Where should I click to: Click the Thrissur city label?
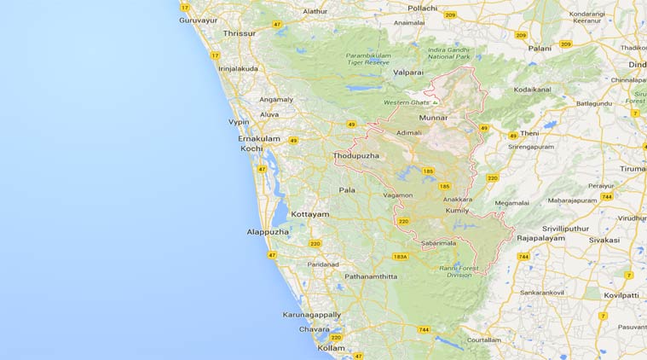pyautogui.click(x=239, y=33)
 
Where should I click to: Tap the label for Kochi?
pyautogui.click(x=252, y=148)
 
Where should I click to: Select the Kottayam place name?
pyautogui.click(x=310, y=214)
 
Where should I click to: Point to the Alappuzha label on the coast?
pyautogui.click(x=268, y=231)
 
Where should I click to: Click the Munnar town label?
pyautogui.click(x=433, y=117)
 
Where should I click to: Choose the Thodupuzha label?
pyautogui.click(x=356, y=156)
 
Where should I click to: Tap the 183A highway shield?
pyautogui.click(x=401, y=256)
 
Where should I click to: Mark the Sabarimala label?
pyautogui.click(x=438, y=243)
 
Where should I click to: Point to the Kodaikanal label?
pyautogui.click(x=533, y=89)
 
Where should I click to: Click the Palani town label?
pyautogui.click(x=540, y=49)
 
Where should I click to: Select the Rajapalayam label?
pyautogui.click(x=540, y=239)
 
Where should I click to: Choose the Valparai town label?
pyautogui.click(x=408, y=73)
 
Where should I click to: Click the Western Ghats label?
pyautogui.click(x=407, y=102)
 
